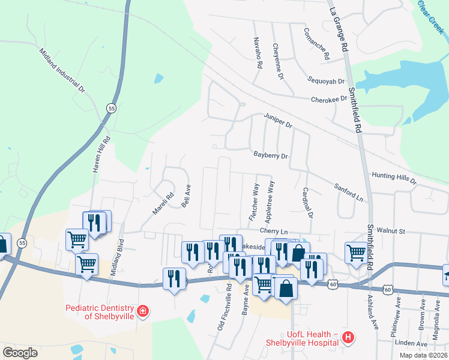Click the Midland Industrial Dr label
63,71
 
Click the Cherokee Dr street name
329,99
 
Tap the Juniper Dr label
277,120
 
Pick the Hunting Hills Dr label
394,177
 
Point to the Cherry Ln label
274,231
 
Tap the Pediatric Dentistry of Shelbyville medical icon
143,311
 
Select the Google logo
20,353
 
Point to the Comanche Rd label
316,44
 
